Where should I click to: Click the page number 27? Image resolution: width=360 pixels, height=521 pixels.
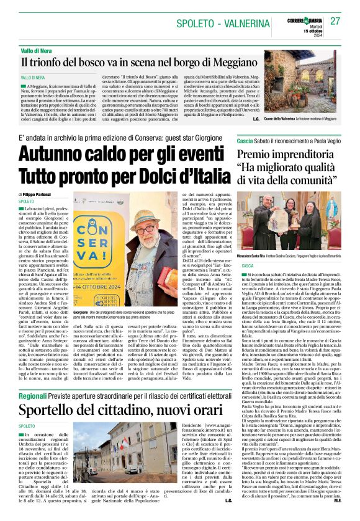335,21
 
